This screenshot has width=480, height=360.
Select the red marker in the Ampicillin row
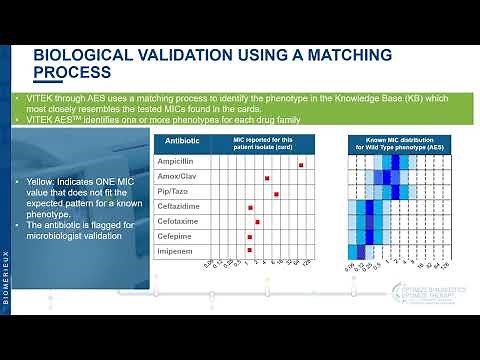click(x=301, y=164)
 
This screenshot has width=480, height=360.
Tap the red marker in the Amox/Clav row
click(x=267, y=178)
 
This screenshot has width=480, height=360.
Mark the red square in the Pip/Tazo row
click(x=276, y=193)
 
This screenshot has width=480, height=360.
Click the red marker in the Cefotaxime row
click(x=258, y=221)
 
